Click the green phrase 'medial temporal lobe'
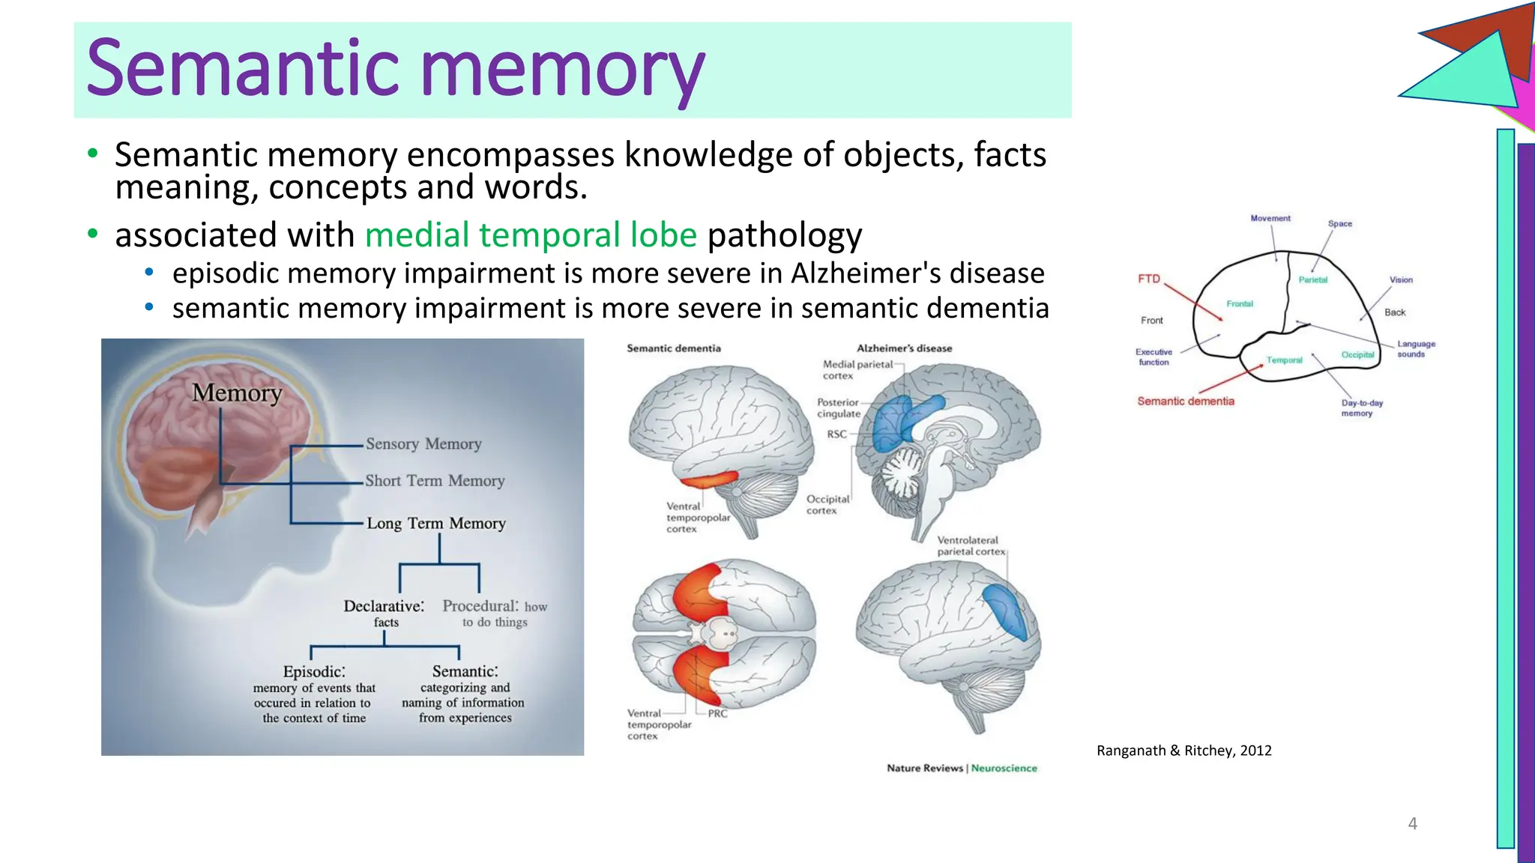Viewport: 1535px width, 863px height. point(531,235)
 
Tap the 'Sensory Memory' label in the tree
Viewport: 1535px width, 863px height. point(423,444)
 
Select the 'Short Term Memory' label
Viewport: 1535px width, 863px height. point(435,481)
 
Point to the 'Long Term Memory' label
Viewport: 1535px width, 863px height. point(436,524)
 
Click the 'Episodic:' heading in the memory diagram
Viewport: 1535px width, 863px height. point(314,671)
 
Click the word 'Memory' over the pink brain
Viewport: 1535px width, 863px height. point(237,393)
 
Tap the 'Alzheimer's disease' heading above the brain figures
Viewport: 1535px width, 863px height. point(904,348)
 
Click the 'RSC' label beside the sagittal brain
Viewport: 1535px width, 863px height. point(836,434)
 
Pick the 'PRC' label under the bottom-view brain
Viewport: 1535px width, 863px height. point(717,714)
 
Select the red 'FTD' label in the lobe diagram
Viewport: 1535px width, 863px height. point(1148,279)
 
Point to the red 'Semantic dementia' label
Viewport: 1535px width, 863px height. point(1185,402)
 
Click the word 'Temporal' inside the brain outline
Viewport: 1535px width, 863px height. point(1284,360)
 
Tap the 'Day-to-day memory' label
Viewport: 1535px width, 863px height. point(1361,408)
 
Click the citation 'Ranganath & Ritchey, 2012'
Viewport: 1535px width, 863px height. point(1183,751)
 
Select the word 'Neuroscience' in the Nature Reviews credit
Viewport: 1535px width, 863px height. point(1004,768)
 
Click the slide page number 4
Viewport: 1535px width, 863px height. point(1412,824)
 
